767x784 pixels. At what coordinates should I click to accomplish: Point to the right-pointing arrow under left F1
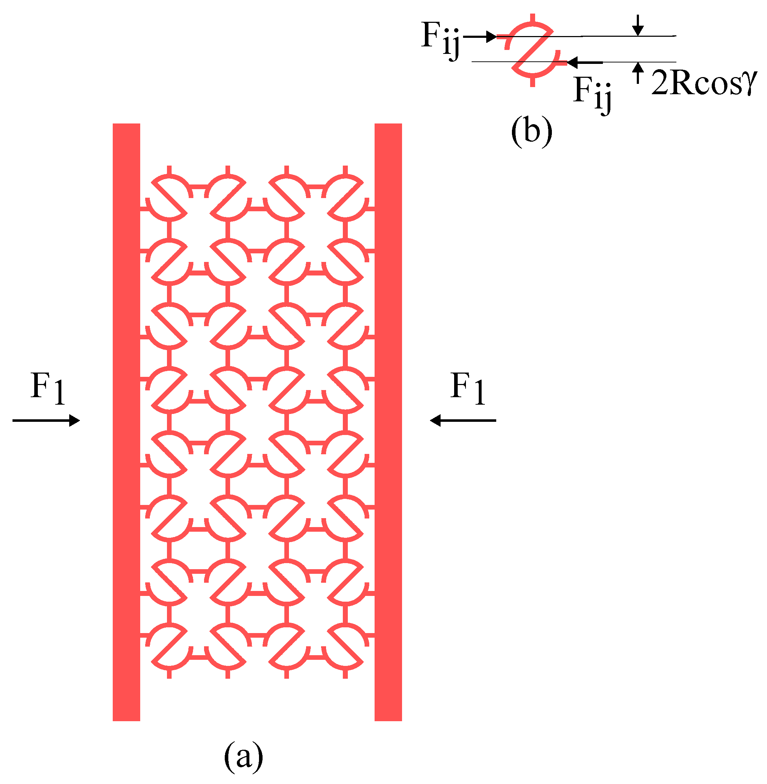tap(46, 421)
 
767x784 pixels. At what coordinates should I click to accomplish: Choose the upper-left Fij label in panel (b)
tap(440, 40)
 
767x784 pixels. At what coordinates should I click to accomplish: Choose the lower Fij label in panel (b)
tap(592, 93)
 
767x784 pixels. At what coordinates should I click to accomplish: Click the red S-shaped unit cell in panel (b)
tap(532, 50)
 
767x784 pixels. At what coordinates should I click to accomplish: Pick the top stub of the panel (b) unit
tap(533, 18)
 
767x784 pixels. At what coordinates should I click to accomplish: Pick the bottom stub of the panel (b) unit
tap(533, 82)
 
